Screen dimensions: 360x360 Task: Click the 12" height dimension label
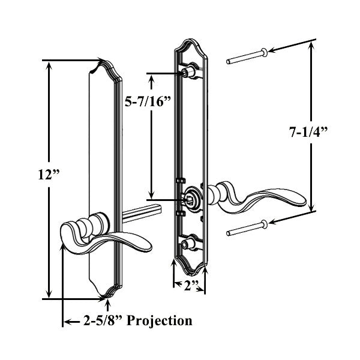(x=50, y=175)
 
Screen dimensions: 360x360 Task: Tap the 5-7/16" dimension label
(x=148, y=101)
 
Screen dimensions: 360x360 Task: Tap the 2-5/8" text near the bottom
(x=98, y=321)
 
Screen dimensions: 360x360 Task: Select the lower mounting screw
(x=247, y=227)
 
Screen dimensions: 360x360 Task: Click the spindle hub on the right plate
(x=192, y=197)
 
